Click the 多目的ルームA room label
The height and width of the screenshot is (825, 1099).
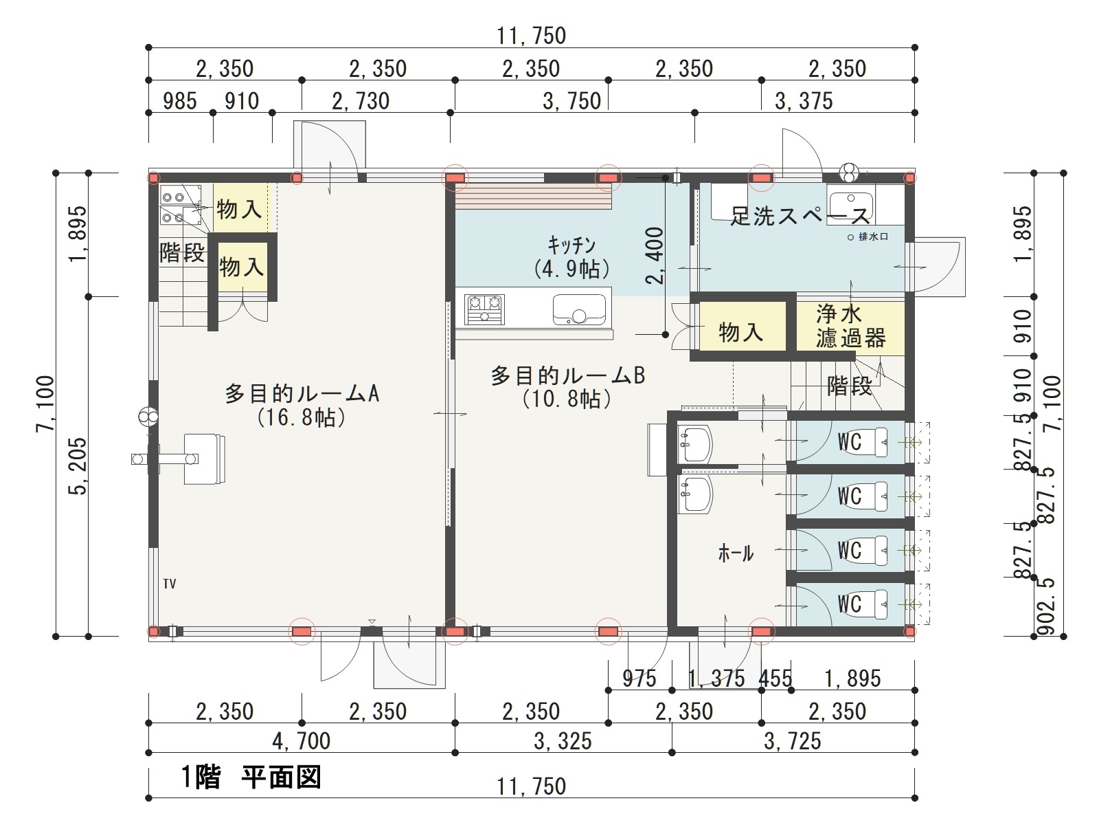tap(302, 394)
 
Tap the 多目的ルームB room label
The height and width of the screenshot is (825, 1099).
tap(567, 375)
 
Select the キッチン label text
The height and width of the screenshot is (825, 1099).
tap(571, 245)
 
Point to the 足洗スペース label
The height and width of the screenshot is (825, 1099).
tap(800, 216)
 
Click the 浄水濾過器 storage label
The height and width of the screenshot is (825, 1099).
tap(850, 326)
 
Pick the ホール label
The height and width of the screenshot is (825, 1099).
tap(736, 553)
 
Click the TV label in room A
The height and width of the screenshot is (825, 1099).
tap(169, 584)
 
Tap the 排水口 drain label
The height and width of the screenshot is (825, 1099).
tap(873, 236)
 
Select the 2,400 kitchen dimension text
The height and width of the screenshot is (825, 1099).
tap(655, 256)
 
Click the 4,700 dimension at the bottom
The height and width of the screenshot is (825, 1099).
tap(302, 741)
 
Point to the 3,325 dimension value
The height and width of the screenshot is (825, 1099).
tap(563, 741)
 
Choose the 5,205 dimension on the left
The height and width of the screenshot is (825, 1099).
tap(78, 466)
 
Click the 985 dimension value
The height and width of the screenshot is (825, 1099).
tap(180, 100)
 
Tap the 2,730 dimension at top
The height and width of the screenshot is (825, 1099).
tap(361, 100)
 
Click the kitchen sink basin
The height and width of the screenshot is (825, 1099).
tap(579, 309)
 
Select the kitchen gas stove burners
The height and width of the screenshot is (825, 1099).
tap(484, 309)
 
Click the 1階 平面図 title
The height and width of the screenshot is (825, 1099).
tap(250, 777)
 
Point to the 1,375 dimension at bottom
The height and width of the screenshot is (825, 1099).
tap(716, 679)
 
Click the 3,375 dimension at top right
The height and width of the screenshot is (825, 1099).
tap(804, 100)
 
